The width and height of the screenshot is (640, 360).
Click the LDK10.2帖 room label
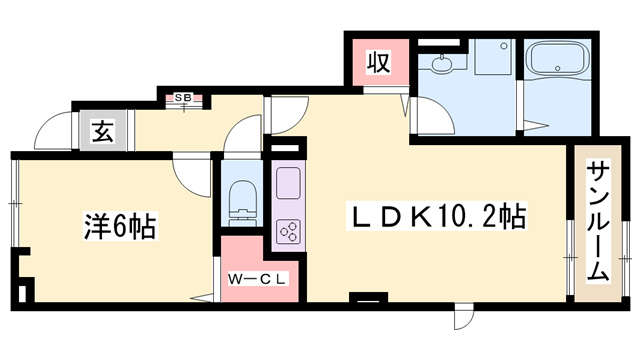437,214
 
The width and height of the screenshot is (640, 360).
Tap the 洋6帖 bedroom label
117,228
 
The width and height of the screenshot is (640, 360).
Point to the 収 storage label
376,64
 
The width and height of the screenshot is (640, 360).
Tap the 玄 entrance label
102,130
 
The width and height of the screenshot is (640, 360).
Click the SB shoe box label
185,98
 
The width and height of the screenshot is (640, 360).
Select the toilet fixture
241,201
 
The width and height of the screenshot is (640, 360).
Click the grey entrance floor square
102,131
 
